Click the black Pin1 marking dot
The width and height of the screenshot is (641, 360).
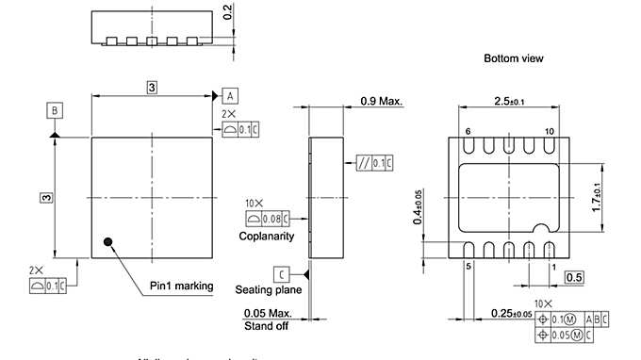pyautogui.click(x=109, y=242)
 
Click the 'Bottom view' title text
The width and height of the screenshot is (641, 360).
pyautogui.click(x=513, y=58)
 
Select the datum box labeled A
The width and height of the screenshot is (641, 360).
pyautogui.click(x=231, y=95)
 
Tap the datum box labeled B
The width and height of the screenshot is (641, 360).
pyautogui.click(x=56, y=111)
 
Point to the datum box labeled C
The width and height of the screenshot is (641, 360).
pyautogui.click(x=281, y=274)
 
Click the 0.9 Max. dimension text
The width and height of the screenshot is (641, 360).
pyautogui.click(x=383, y=101)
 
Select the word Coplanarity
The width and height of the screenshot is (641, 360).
pyautogui.click(x=267, y=237)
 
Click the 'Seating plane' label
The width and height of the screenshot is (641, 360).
pyautogui.click(x=269, y=290)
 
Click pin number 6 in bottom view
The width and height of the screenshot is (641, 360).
pyautogui.click(x=468, y=131)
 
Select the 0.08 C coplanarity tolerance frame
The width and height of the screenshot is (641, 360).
pyautogui.click(x=267, y=220)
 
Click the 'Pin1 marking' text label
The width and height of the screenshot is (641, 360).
pyautogui.click(x=182, y=286)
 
